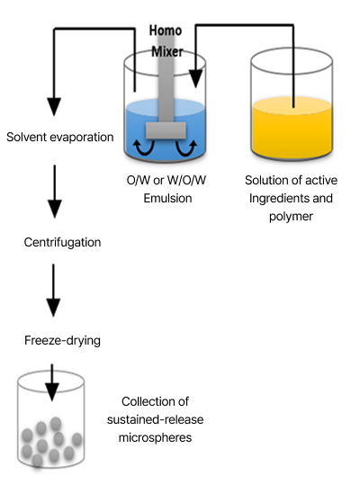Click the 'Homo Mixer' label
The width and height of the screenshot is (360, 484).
click(166, 41)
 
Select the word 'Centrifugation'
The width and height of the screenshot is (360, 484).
click(62, 242)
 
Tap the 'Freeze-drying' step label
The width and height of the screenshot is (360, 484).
click(62, 340)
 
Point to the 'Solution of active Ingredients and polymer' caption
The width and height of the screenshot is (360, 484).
click(293, 198)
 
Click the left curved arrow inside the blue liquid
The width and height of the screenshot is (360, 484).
click(140, 147)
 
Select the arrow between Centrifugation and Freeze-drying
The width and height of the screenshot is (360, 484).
click(55, 292)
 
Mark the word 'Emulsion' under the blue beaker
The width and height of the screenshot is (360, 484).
click(168, 198)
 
